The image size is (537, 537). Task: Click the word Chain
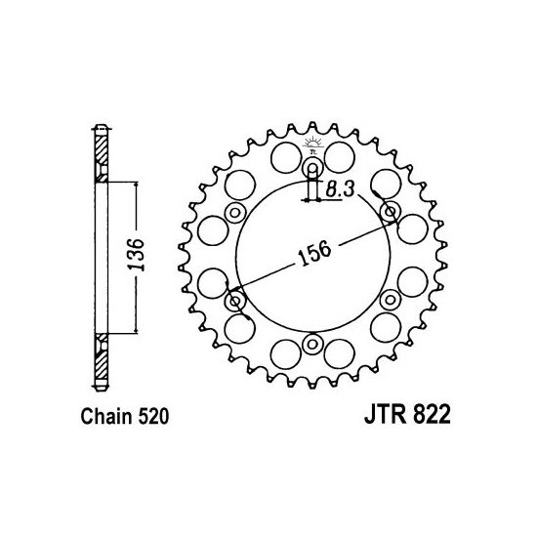(105, 417)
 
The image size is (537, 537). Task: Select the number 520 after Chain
(153, 417)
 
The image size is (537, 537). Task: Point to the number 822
(432, 415)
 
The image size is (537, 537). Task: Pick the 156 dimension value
(314, 253)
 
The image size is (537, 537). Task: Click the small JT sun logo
(312, 145)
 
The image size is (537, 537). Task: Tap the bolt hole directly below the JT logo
(312, 168)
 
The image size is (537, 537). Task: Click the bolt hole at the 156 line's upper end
(391, 212)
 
